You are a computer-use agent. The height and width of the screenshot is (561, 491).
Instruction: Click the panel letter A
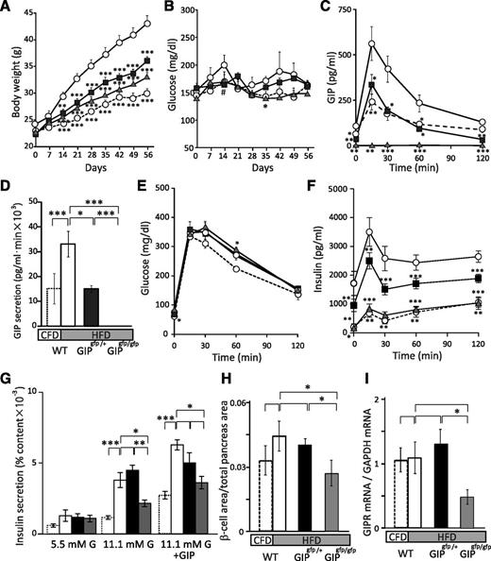pos(8,8)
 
